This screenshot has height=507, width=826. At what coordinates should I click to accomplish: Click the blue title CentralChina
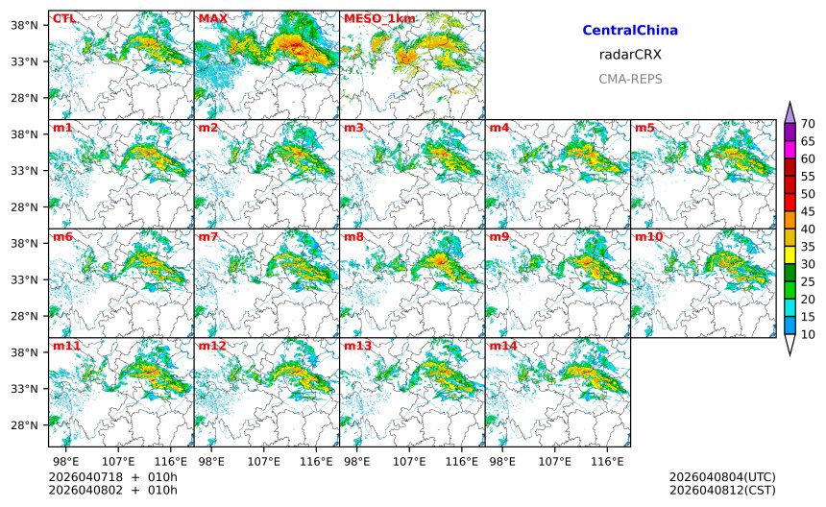point(630,31)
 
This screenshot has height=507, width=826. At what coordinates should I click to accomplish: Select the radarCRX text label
point(630,55)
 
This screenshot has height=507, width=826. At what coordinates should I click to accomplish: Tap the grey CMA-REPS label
point(630,79)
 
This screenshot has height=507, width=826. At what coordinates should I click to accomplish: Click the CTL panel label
point(63,18)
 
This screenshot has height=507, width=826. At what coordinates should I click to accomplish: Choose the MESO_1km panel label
point(379,18)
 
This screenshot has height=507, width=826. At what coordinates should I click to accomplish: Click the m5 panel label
point(644,128)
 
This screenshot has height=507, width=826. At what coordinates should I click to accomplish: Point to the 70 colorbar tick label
point(809,123)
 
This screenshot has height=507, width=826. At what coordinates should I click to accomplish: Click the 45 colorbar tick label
point(809,211)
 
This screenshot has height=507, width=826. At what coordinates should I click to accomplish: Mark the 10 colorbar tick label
point(809,334)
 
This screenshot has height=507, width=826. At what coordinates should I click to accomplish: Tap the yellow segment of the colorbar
point(790,254)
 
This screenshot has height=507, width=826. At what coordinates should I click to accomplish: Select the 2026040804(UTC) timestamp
point(722,477)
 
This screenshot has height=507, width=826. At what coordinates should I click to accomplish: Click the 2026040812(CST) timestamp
point(722,491)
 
